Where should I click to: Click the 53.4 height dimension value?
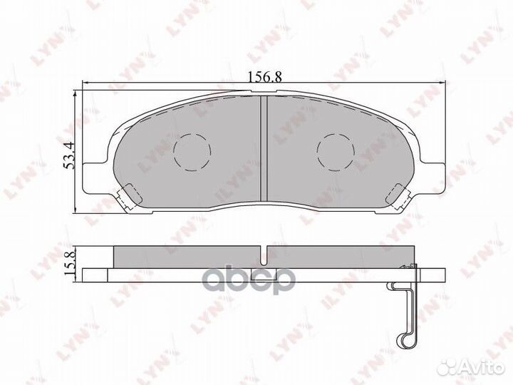[x=69, y=155]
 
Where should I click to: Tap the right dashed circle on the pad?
[x=336, y=150]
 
